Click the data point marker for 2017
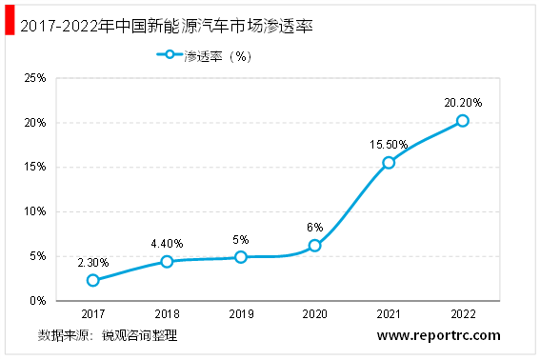(x=92, y=280)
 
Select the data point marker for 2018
(x=167, y=261)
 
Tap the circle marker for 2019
(x=241, y=257)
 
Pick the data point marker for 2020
(x=314, y=246)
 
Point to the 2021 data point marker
(x=389, y=163)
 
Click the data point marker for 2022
(x=463, y=120)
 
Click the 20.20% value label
(x=463, y=102)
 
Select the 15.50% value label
(x=389, y=145)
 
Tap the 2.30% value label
(x=92, y=262)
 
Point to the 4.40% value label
(x=167, y=243)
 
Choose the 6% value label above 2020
(x=314, y=228)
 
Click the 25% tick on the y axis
(x=34, y=78)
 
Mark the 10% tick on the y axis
(x=34, y=211)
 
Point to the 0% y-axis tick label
(x=38, y=300)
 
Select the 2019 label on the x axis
(x=241, y=313)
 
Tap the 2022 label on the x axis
(x=463, y=313)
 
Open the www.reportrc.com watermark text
(x=438, y=335)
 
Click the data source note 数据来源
(x=108, y=335)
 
